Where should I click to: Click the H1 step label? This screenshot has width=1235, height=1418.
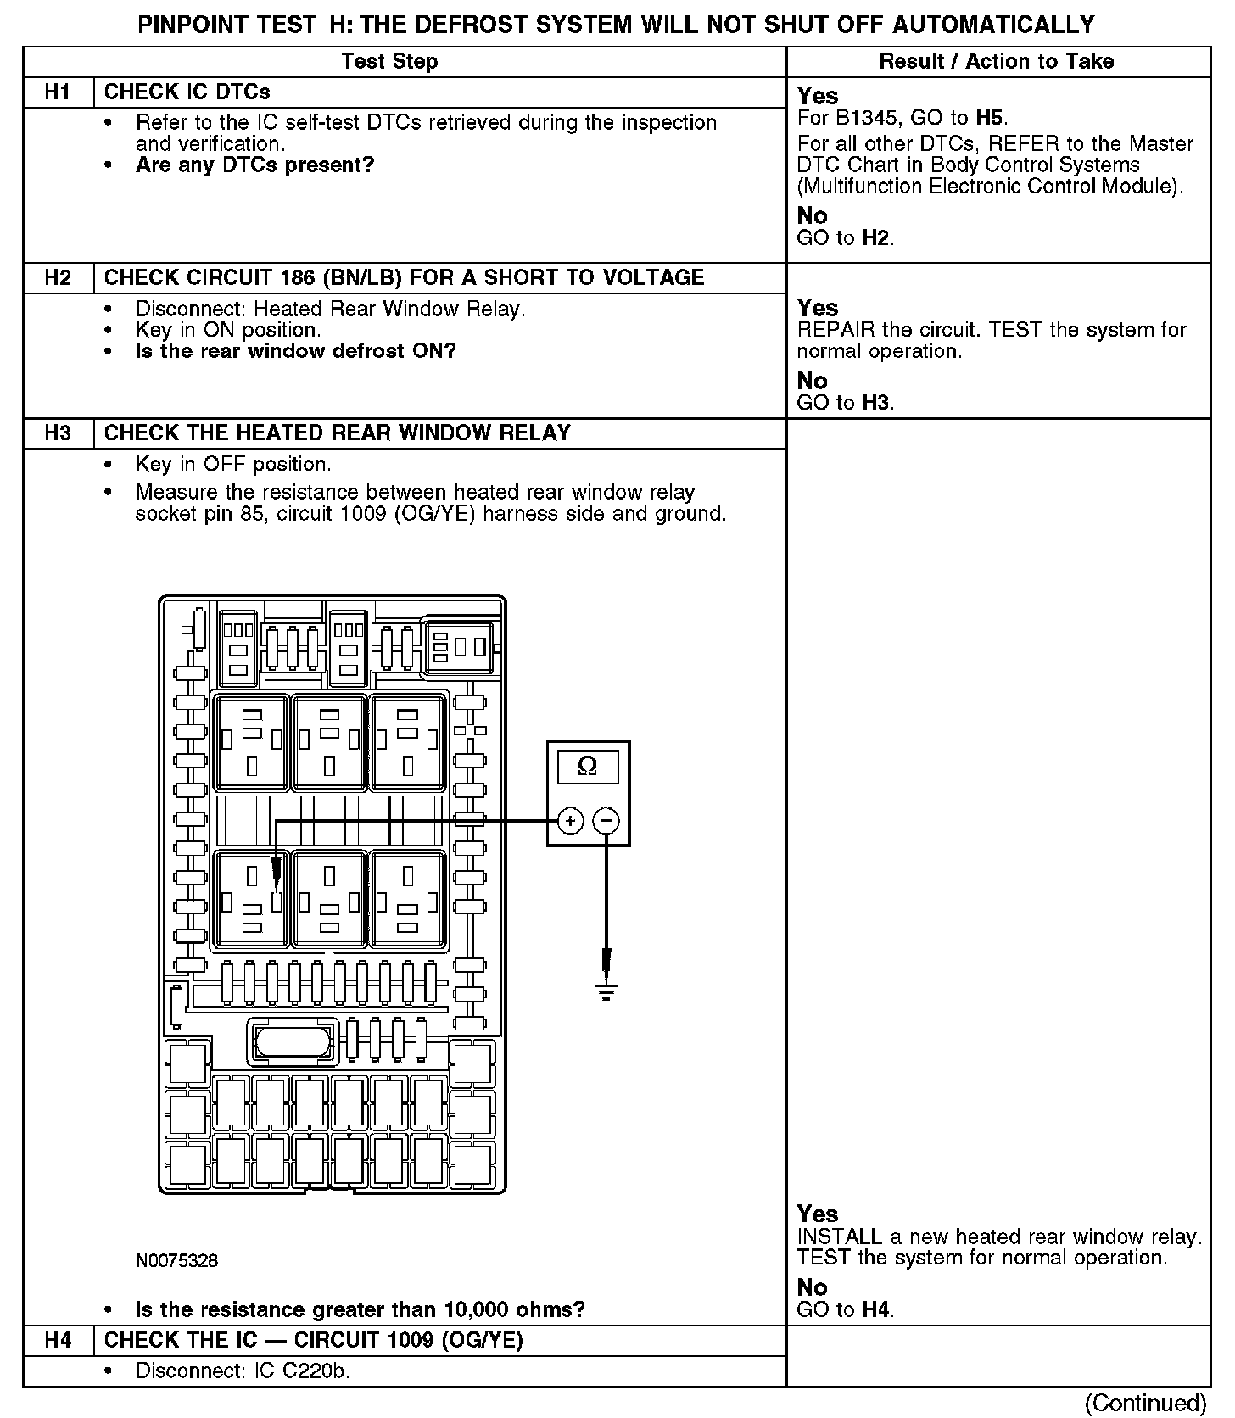(x=57, y=92)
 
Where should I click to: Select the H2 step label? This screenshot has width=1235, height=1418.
(x=57, y=278)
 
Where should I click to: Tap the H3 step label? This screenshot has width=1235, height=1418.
(x=57, y=433)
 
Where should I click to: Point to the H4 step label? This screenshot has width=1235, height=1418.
(x=57, y=1340)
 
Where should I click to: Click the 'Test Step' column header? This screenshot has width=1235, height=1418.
(x=389, y=62)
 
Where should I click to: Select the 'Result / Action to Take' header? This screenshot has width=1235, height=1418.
(x=996, y=62)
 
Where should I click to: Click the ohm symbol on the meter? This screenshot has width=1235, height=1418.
(x=587, y=767)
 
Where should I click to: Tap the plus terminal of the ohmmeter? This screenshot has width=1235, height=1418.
(x=571, y=821)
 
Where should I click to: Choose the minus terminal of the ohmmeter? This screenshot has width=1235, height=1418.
(x=606, y=821)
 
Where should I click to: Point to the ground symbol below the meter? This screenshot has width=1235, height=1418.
(x=606, y=991)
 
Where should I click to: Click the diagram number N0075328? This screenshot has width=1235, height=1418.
(x=176, y=1261)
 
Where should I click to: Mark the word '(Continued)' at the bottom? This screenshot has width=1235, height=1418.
(x=1145, y=1403)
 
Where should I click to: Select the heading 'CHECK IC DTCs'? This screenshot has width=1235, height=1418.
(x=187, y=92)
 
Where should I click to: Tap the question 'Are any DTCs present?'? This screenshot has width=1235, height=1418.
(x=254, y=165)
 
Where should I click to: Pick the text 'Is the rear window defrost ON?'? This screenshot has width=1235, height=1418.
(x=295, y=351)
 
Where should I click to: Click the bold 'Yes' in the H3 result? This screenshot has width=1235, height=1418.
(x=817, y=1214)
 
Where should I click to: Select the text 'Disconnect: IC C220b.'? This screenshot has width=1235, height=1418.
(x=243, y=1371)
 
